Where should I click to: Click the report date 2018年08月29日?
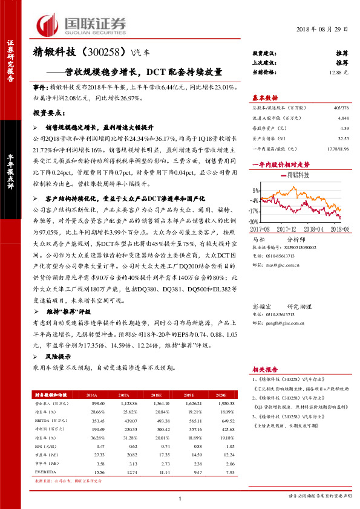324,30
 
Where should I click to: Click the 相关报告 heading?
264,369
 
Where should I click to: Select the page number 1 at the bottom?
180,498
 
